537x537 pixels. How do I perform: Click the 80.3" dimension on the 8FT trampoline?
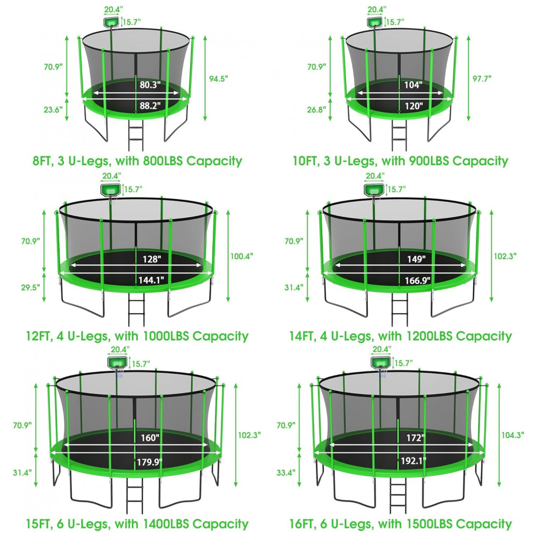click(150, 85)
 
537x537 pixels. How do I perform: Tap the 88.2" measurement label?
click(150, 105)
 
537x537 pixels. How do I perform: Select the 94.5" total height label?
click(219, 79)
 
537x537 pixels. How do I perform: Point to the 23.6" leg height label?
click(53, 110)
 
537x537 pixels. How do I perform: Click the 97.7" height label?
click(482, 78)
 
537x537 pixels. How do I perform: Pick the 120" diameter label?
click(413, 106)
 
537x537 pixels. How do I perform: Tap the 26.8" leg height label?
click(317, 110)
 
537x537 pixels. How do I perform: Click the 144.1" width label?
click(151, 280)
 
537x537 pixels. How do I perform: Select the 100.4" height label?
click(242, 256)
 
